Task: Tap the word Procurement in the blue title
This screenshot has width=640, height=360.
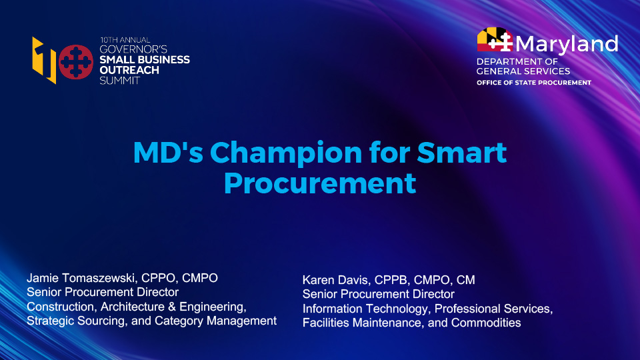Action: point(319,183)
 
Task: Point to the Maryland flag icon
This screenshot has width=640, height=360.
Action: point(495,41)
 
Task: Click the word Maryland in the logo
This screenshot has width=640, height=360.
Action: point(567,44)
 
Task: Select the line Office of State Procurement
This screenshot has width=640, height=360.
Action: point(533,83)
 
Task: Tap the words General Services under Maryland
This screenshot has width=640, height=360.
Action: point(523,71)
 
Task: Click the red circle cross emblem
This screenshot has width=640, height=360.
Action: point(75,61)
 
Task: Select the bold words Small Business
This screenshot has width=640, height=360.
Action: point(144,59)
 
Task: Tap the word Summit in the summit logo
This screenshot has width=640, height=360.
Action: point(120,79)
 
